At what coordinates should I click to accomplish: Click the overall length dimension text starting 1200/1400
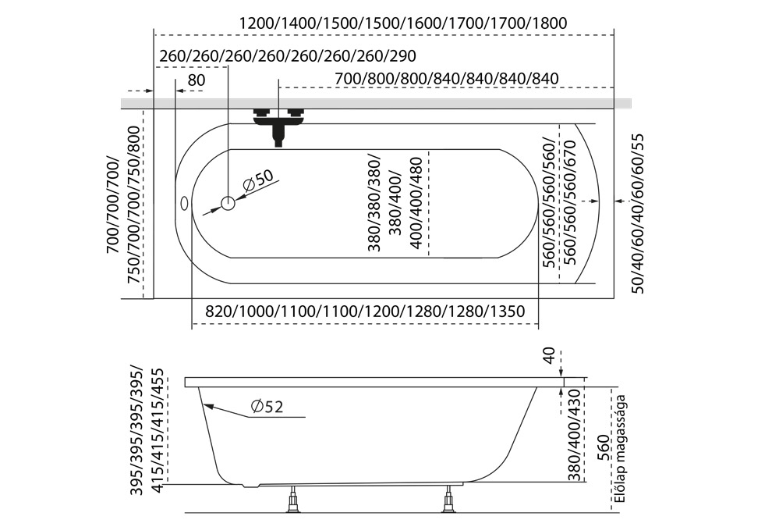click(403, 23)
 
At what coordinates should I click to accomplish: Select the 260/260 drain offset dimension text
click(287, 56)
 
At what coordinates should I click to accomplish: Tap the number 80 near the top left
click(196, 80)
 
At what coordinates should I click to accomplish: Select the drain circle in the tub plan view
click(228, 204)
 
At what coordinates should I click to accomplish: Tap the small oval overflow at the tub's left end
click(185, 204)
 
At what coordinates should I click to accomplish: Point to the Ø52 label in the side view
click(267, 407)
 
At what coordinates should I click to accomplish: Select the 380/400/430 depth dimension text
click(575, 435)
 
